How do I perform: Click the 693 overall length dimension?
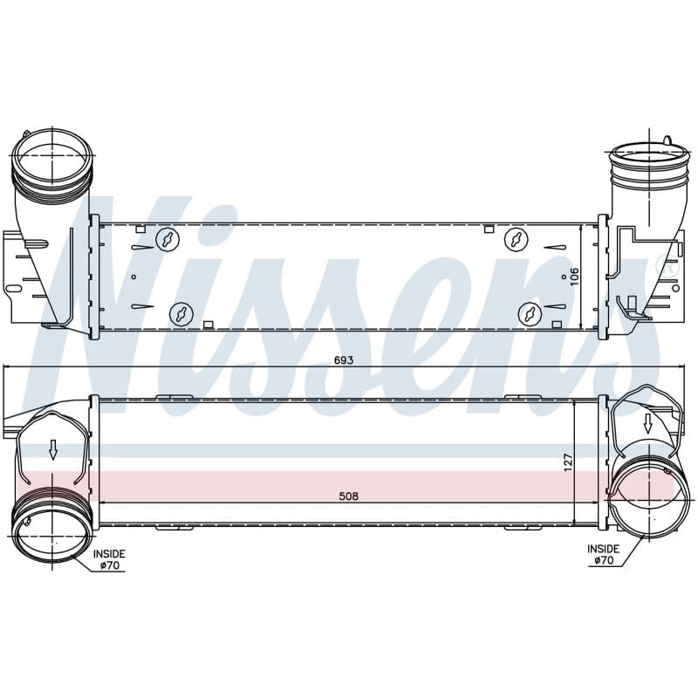point(344,359)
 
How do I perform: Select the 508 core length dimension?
point(348,496)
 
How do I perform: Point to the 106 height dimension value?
point(574,277)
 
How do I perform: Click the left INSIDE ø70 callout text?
point(109,559)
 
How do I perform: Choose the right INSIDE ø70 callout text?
point(603,555)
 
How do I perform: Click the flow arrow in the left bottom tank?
point(53,449)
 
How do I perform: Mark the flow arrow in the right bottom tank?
point(647,423)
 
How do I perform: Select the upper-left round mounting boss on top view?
point(168,239)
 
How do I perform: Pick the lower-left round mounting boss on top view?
point(181,313)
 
